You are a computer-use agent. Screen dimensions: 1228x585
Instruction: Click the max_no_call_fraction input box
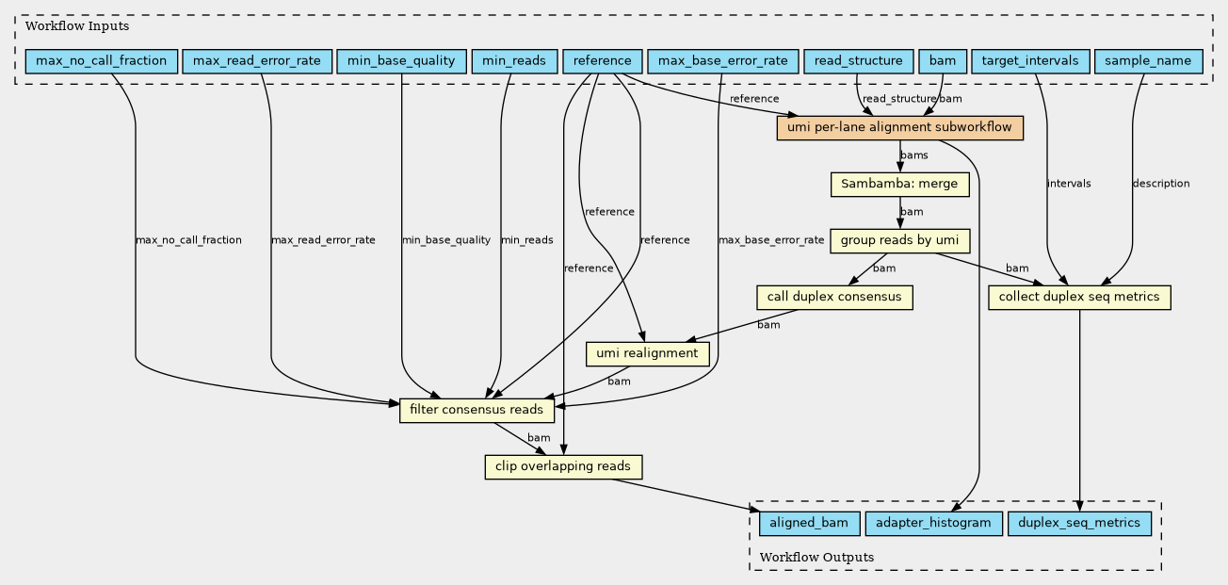[102, 61]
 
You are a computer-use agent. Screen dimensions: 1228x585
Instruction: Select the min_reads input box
[514, 61]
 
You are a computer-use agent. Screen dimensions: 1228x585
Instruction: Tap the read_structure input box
[859, 61]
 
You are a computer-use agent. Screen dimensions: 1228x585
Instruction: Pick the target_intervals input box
[1030, 61]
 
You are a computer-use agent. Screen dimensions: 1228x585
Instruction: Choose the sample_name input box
[1149, 61]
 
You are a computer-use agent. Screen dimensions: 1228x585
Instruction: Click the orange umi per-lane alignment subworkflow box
[899, 128]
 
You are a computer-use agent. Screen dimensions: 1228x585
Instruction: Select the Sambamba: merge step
[899, 185]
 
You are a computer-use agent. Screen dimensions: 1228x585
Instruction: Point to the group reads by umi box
[899, 241]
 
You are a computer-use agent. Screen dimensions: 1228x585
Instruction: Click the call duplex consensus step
[834, 297]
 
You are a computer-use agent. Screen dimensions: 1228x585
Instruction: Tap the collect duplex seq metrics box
[1079, 297]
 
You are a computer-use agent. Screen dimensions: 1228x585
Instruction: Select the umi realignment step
[648, 353]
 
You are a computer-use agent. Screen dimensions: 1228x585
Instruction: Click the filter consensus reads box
[477, 410]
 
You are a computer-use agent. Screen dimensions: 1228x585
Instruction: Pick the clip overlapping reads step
[563, 466]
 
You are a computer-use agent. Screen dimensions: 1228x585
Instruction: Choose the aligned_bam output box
[809, 524]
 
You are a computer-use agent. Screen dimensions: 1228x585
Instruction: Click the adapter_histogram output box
[933, 524]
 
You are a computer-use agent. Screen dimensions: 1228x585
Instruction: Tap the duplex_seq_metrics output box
[1079, 524]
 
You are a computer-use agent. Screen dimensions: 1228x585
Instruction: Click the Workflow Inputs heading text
[77, 26]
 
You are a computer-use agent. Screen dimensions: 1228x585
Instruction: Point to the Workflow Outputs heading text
[816, 558]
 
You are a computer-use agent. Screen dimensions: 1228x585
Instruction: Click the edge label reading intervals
[1069, 184]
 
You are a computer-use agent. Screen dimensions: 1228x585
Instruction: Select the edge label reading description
[1161, 184]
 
